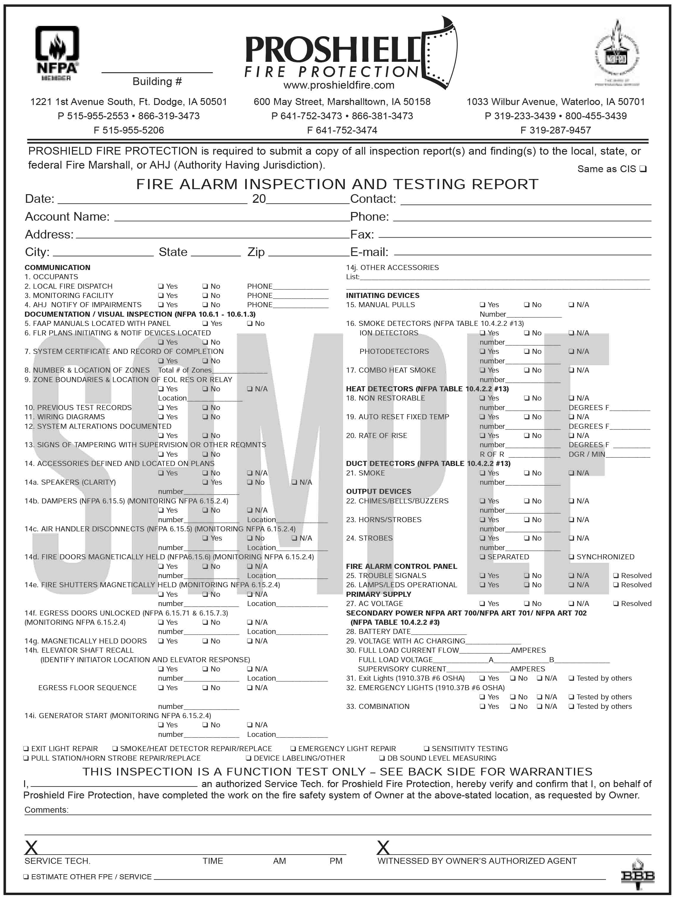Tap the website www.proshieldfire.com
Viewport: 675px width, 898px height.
click(x=339, y=85)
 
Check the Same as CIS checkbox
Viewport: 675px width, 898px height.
click(x=643, y=169)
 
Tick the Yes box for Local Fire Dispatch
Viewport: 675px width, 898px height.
click(x=161, y=287)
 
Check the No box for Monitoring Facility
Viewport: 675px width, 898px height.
click(x=205, y=296)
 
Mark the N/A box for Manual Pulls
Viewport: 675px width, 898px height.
click(x=572, y=305)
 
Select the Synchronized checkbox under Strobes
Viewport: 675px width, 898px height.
click(x=572, y=557)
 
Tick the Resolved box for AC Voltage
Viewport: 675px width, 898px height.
click(x=616, y=604)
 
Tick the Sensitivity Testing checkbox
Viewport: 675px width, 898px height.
click(x=427, y=749)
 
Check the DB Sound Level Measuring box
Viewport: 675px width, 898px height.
click(x=382, y=758)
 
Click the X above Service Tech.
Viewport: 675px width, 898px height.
click(x=31, y=848)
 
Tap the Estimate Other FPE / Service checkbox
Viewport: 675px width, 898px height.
click(x=26, y=877)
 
